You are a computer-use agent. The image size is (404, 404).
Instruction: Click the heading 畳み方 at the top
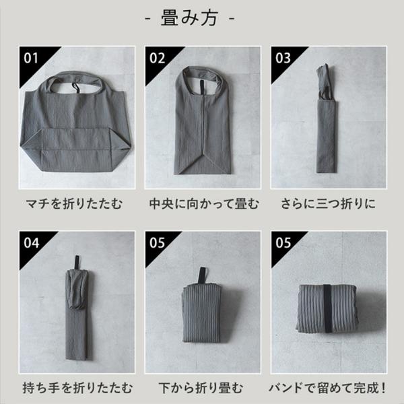pyautogui.click(x=190, y=18)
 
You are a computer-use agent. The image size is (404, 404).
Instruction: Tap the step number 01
pyautogui.click(x=31, y=58)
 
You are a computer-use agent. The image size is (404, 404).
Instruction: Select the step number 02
pyautogui.click(x=157, y=58)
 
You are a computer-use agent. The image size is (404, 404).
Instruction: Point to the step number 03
pyautogui.click(x=283, y=58)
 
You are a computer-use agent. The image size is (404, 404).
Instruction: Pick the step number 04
pyautogui.click(x=32, y=243)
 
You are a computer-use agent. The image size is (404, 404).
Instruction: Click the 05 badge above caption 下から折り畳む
pyautogui.click(x=157, y=243)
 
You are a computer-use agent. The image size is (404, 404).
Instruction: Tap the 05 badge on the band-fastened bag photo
pyautogui.click(x=283, y=243)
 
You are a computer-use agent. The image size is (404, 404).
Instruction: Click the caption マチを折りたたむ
pyautogui.click(x=74, y=204)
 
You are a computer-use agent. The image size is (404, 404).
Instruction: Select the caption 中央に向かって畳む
pyautogui.click(x=204, y=204)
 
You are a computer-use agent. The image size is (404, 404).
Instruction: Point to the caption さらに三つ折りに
pyautogui.click(x=329, y=204)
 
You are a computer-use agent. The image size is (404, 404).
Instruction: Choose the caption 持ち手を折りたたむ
pyautogui.click(x=77, y=389)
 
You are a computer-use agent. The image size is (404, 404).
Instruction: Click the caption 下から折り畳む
pyautogui.click(x=201, y=389)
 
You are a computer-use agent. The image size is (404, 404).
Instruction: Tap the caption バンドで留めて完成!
pyautogui.click(x=327, y=389)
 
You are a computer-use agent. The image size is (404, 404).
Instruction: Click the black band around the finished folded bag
pyautogui.click(x=328, y=308)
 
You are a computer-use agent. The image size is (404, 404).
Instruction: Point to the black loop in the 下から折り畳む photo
pyautogui.click(x=202, y=275)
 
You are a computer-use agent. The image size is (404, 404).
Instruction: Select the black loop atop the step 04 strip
pyautogui.click(x=77, y=263)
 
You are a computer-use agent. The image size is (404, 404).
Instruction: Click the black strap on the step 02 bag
pyautogui.click(x=202, y=88)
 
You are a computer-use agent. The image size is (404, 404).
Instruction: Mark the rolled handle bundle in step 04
pyautogui.click(x=77, y=290)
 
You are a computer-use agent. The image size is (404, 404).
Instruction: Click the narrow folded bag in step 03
pyautogui.click(x=327, y=119)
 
